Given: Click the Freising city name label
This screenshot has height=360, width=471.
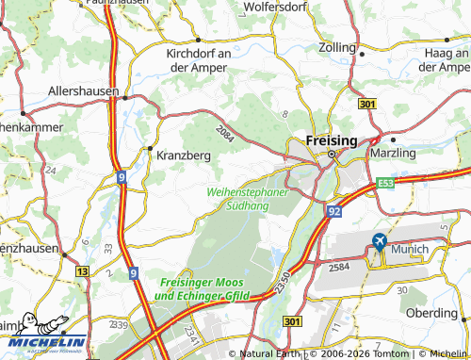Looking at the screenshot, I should click(332, 139).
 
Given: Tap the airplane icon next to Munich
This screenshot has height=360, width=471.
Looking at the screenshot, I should click(379, 242).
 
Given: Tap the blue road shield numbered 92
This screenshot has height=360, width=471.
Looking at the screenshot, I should click(334, 212).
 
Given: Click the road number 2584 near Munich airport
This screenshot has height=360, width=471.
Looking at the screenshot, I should click(339, 269).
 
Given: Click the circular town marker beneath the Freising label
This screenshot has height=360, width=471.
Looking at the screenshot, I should click(332, 154).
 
